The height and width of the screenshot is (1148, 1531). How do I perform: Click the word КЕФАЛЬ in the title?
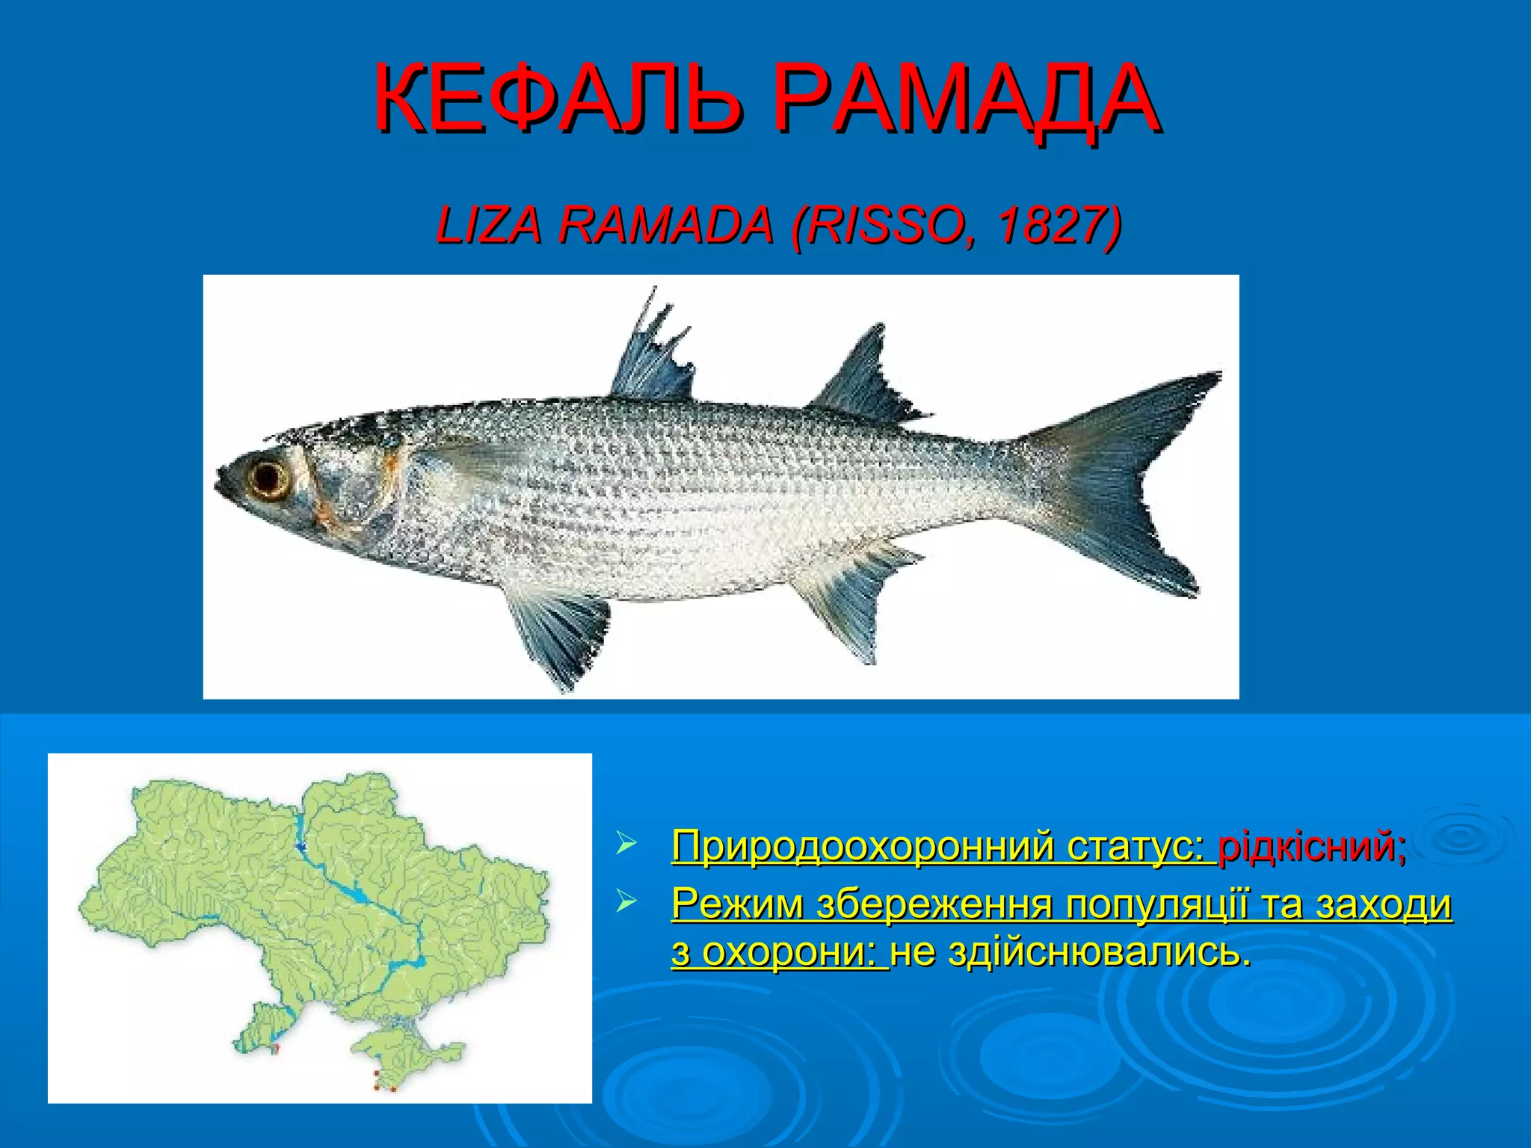[x=558, y=99]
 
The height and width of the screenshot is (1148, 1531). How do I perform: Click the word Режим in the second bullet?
[x=736, y=904]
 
